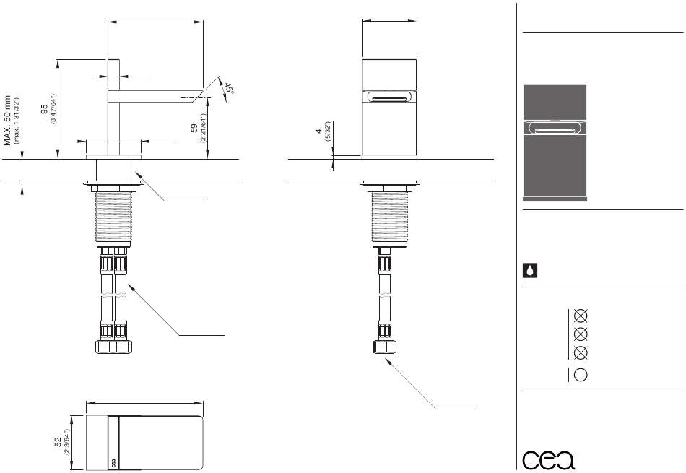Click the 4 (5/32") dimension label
point(317,135)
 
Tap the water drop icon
point(529,271)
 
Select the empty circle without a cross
point(579,374)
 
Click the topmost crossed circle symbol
point(579,316)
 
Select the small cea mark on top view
point(112,463)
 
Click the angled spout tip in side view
point(209,88)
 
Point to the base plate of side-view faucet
point(113,155)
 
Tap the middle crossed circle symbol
point(579,334)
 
